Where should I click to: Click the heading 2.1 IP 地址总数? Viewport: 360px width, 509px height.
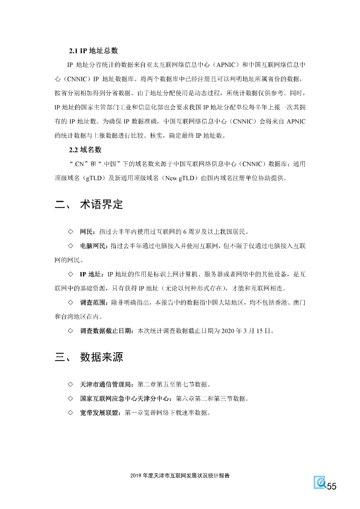(93, 51)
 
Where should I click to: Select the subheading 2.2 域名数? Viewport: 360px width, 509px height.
(85, 150)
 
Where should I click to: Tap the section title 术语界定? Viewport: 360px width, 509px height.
(101, 204)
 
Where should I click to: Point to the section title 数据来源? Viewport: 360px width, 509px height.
(101, 357)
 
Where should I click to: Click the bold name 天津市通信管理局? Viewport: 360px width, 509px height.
(106, 385)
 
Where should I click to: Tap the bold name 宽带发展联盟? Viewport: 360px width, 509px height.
(99, 413)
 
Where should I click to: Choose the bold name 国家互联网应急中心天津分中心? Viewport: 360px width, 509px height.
(125, 399)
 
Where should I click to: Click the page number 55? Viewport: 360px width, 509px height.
(332, 486)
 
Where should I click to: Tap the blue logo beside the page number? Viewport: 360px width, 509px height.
(320, 482)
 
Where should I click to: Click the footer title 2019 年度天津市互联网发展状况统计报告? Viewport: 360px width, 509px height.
(180, 476)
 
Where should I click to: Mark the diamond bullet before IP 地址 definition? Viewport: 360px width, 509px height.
(70, 274)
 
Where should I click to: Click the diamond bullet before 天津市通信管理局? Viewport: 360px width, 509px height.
(70, 385)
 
